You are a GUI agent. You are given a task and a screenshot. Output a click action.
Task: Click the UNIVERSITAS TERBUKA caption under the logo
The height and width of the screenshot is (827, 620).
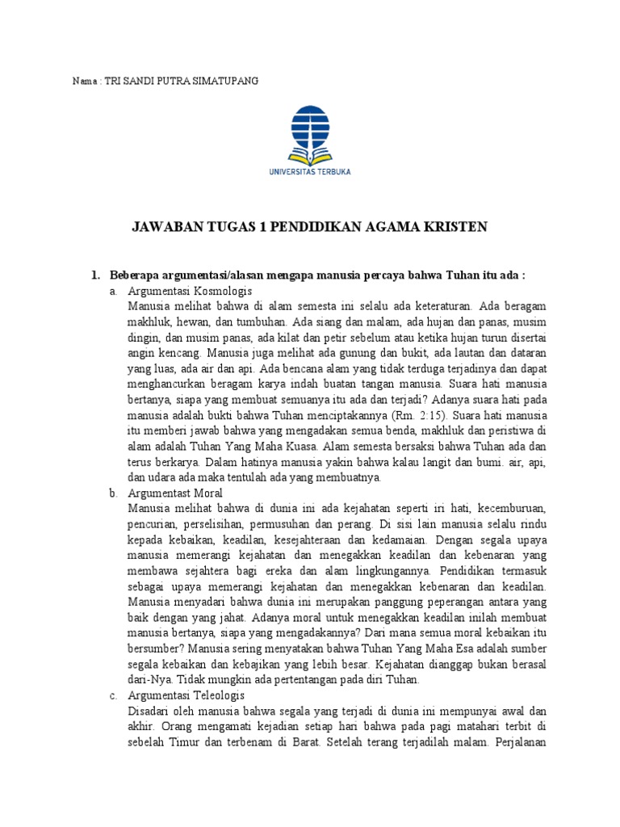point(309,171)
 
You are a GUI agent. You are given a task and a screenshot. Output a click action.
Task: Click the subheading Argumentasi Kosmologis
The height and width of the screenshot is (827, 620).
point(191,291)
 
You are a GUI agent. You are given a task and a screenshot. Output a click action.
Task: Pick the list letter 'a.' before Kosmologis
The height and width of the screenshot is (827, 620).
point(114,291)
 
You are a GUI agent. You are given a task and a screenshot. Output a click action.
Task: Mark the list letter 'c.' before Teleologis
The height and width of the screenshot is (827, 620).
point(114,695)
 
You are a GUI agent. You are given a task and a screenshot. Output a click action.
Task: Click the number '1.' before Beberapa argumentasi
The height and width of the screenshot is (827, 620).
point(94,275)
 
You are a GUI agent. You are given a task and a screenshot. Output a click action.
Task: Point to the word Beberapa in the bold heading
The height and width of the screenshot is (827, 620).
point(136,275)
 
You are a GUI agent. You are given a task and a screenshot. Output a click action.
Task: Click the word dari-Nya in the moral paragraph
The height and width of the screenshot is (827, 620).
point(148,679)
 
